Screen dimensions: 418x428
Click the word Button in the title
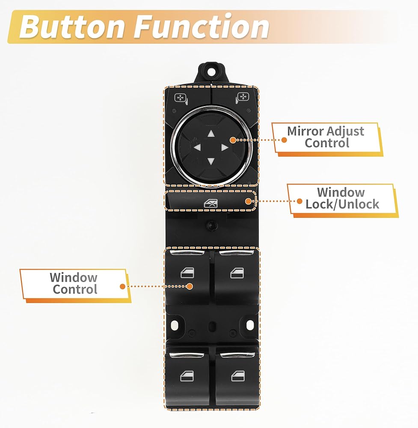click(x=72, y=27)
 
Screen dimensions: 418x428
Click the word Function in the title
click(x=201, y=26)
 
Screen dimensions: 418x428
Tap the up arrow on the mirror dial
click(x=211, y=134)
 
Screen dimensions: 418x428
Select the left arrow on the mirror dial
click(x=197, y=148)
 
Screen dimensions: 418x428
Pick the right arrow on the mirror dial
click(x=225, y=148)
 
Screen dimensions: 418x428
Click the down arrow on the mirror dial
click(x=211, y=161)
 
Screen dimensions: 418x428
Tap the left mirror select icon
click(x=181, y=99)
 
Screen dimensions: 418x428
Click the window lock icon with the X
click(x=211, y=203)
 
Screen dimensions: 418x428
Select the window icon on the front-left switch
click(x=187, y=273)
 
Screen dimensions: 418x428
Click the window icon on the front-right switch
click(x=237, y=273)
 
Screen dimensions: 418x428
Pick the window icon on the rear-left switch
click(x=187, y=376)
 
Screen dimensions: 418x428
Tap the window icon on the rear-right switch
click(x=238, y=376)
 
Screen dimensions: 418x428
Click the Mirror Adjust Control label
click(x=326, y=137)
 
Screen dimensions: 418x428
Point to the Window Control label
click(x=74, y=283)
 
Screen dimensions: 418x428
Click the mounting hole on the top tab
click(x=211, y=72)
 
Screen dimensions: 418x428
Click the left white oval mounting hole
click(x=175, y=325)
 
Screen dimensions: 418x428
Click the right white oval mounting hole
click(x=250, y=325)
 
